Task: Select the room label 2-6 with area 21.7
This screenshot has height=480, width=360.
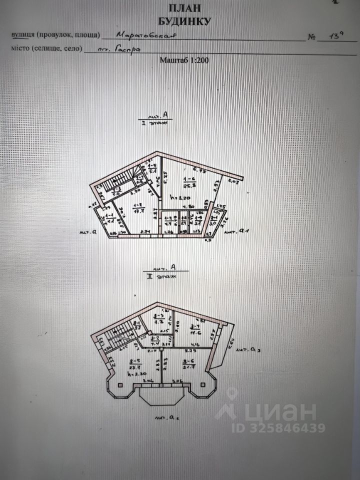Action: pyautogui.click(x=188, y=364)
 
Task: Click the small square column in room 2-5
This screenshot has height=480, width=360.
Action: pyautogui.click(x=121, y=384)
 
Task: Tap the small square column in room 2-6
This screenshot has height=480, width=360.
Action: pyautogui.click(x=202, y=384)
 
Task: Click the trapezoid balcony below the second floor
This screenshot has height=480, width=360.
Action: pyautogui.click(x=161, y=398)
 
